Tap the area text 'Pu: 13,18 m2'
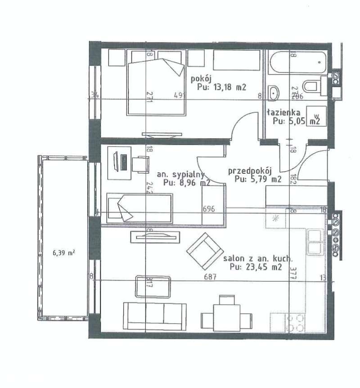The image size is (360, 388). [222, 87]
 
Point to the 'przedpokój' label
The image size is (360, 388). [251, 171]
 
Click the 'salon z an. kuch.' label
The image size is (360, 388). [258, 259]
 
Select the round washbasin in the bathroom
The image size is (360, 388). [274, 93]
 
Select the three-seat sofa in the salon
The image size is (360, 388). [154, 314]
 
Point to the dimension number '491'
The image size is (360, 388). [181, 95]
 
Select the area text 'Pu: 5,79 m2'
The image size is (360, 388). [258, 179]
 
